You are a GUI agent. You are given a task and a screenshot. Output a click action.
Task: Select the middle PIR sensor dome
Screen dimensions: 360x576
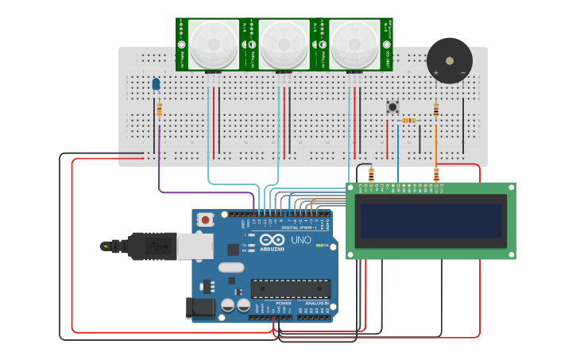(284, 43)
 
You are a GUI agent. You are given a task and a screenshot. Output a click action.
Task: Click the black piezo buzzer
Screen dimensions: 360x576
(449, 60)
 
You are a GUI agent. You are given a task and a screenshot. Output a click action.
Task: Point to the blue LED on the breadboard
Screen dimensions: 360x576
(156, 83)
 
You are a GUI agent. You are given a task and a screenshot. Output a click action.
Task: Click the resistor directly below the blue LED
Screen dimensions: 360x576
(159, 110)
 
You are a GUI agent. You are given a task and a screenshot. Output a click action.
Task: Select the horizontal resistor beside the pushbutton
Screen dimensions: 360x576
(408, 121)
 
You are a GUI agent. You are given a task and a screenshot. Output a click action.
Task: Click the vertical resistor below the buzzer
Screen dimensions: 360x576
(435, 110)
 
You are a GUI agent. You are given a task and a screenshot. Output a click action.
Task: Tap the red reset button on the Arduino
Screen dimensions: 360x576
(206, 219)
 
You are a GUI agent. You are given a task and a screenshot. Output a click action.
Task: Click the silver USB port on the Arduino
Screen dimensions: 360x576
(194, 246)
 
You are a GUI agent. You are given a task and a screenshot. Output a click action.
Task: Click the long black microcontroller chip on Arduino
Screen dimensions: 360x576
(291, 288)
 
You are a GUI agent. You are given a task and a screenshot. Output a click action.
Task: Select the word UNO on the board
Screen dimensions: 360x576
(301, 240)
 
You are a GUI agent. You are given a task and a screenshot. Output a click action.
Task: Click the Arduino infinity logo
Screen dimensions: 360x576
(272, 240)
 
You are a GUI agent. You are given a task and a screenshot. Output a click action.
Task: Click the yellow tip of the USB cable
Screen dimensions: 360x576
(105, 246)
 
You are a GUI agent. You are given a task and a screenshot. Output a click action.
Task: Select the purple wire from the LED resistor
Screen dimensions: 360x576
(159, 159)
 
